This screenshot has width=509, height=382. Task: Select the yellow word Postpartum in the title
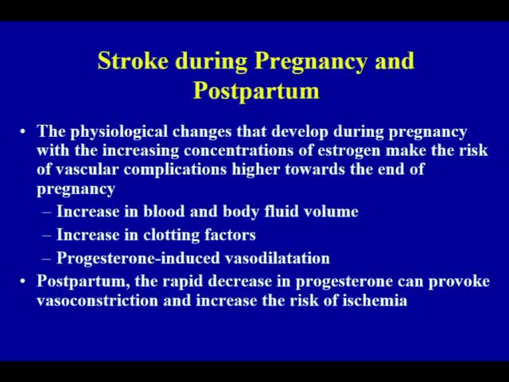255,90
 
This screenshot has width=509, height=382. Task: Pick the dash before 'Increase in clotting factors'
46,235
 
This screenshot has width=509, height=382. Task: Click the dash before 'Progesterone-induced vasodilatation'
46,258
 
